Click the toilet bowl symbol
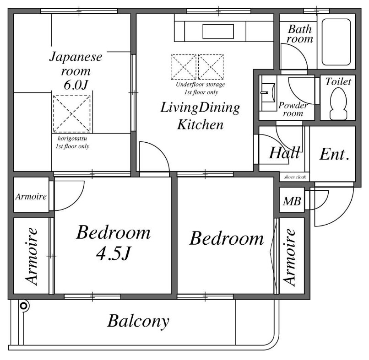pyautogui.click(x=338, y=104)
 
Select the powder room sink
pyautogui.click(x=269, y=93)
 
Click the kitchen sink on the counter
pyautogui.click(x=218, y=31)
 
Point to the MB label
pyautogui.click(x=292, y=201)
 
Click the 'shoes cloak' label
pyautogui.click(x=295, y=177)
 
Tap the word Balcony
pyautogui.click(x=138, y=321)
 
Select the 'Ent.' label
pyautogui.click(x=334, y=154)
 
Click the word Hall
pyautogui.click(x=285, y=153)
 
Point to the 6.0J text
pyautogui.click(x=76, y=85)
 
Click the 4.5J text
pyautogui.click(x=114, y=253)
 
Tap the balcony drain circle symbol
pyautogui.click(x=23, y=306)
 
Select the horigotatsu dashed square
pyautogui.click(x=72, y=114)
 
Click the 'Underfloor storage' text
pyautogui.click(x=200, y=85)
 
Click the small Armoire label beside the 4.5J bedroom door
pyautogui.click(x=31, y=197)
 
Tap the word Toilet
pyautogui.click(x=338, y=81)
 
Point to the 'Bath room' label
pyautogui.click(x=300, y=34)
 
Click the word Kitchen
pyautogui.click(x=200, y=124)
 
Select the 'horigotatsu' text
pyautogui.click(x=72, y=139)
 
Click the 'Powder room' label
pyautogui.click(x=293, y=109)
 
